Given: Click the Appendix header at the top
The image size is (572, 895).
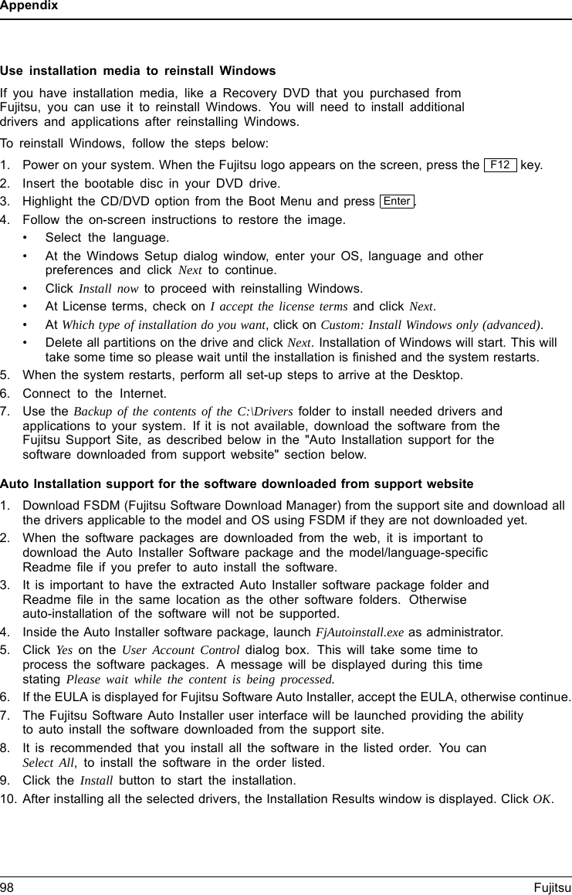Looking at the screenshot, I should [29, 6].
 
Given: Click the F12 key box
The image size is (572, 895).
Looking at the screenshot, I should [500, 165].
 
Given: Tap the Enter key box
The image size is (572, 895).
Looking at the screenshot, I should [397, 202].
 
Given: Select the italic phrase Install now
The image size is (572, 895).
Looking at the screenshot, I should [109, 290].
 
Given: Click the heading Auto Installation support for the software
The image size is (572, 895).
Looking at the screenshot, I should [236, 484].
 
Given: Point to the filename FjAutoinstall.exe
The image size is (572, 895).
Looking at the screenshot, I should [360, 632].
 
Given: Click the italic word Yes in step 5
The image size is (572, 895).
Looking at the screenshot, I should [65, 650].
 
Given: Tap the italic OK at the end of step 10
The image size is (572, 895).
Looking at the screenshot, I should [542, 798].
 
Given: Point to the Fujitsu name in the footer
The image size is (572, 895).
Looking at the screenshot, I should [552, 887].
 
